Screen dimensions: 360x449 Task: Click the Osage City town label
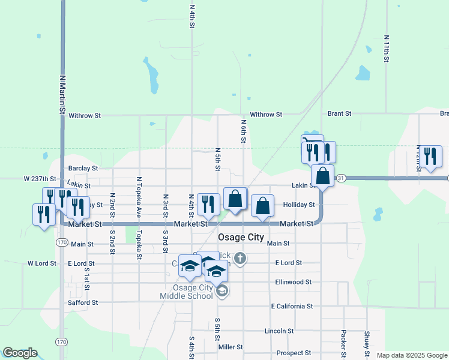click(x=241, y=237)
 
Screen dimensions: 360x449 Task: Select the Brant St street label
click(x=339, y=113)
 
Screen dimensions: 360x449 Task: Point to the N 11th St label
click(x=387, y=49)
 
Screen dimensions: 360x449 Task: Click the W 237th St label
click(x=40, y=179)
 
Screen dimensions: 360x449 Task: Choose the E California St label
click(x=292, y=306)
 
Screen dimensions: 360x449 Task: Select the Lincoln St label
click(x=279, y=331)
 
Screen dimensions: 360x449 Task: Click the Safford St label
click(x=83, y=303)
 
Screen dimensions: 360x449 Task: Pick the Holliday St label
click(x=299, y=205)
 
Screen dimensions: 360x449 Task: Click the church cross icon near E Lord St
click(x=240, y=259)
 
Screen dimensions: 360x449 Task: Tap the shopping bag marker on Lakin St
click(x=322, y=176)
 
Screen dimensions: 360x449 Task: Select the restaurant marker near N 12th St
click(x=430, y=156)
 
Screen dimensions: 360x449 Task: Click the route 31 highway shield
click(x=341, y=178)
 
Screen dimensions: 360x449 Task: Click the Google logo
click(x=20, y=353)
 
